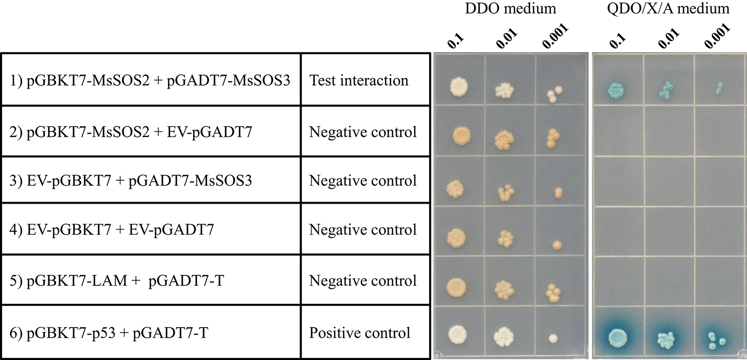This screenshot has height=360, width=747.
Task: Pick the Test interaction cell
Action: [x=359, y=80]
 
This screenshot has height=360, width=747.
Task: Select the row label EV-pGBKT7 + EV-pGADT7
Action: [x=117, y=230]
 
